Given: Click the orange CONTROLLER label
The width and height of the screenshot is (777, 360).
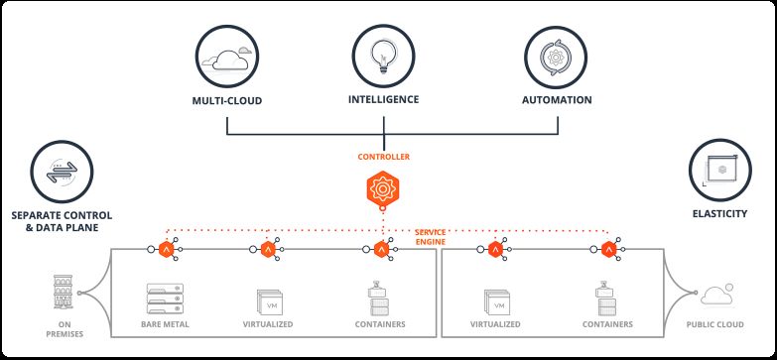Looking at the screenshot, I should click(384, 157).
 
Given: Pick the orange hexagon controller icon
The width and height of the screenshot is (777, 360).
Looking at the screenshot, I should click(384, 188).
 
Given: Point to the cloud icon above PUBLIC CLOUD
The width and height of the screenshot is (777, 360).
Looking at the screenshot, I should click(719, 295).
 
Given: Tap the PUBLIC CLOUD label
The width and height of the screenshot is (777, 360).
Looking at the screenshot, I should click(719, 324).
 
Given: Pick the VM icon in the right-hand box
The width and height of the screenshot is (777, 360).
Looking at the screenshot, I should click(494, 300).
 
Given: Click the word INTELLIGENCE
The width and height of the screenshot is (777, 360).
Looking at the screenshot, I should click(384, 99).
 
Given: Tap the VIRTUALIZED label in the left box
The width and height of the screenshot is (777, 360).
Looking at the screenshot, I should click(270, 324).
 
